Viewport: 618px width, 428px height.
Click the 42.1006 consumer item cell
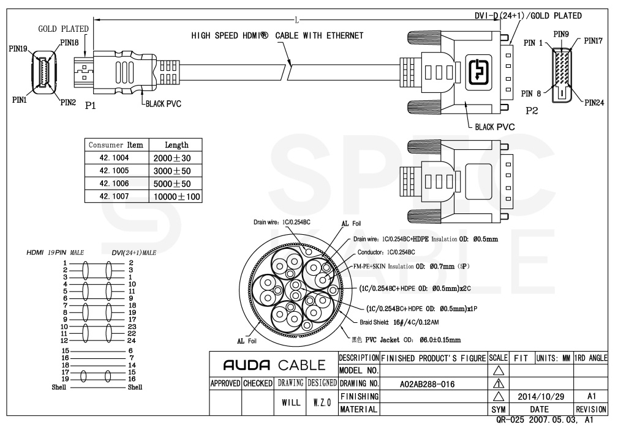116,183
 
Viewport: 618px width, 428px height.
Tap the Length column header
176,145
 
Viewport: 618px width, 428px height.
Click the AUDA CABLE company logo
273,366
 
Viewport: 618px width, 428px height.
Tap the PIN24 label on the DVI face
594,102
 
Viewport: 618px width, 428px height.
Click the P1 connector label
90,105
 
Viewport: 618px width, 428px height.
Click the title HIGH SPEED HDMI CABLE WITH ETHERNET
277,35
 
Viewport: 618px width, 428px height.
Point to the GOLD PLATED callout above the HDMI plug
63,29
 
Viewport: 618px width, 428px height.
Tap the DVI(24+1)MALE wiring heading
134,252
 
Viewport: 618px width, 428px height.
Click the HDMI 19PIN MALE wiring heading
56,252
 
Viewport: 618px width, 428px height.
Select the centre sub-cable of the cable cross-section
295,286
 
